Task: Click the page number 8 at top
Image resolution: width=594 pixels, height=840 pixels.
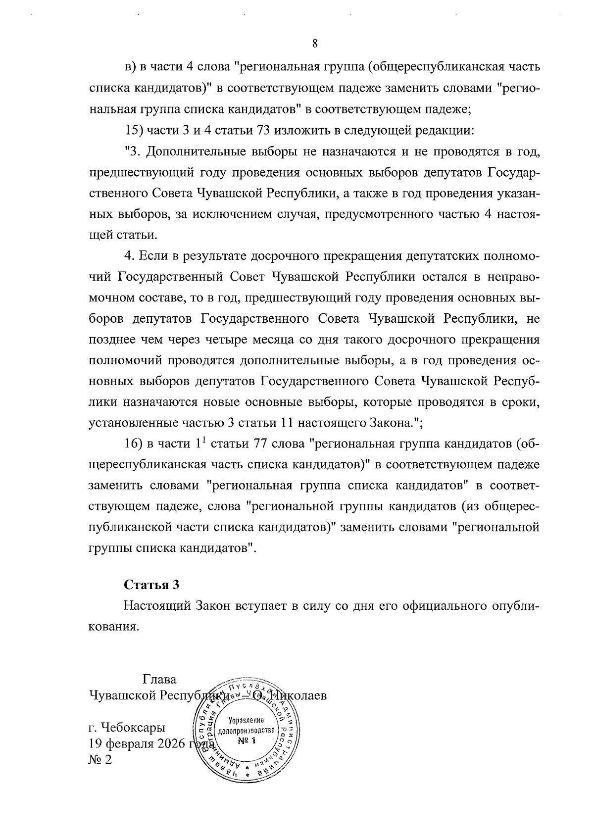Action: [x=315, y=44]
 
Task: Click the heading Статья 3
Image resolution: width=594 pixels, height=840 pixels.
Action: [x=151, y=585]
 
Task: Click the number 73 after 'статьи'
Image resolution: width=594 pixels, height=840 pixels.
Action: [x=263, y=130]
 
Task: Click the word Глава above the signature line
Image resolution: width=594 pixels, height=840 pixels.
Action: [x=159, y=679]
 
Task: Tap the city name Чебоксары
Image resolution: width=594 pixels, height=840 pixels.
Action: [x=133, y=728]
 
